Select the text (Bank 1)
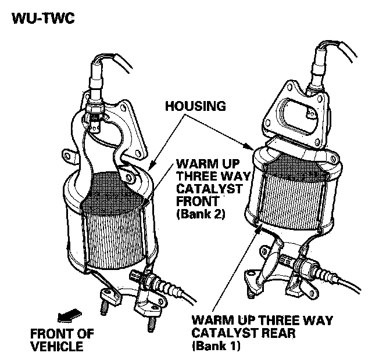click(x=216, y=347)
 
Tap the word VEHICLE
click(x=59, y=347)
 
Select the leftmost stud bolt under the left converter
click(x=103, y=307)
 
